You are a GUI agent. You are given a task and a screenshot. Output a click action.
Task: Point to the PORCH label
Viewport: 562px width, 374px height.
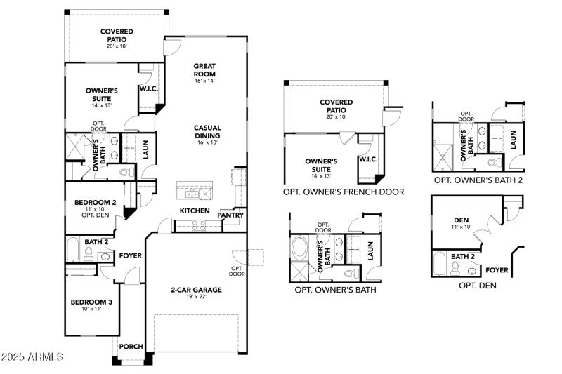pos(131,347)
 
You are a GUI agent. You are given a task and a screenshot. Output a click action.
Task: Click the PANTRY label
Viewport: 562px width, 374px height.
pos(230,215)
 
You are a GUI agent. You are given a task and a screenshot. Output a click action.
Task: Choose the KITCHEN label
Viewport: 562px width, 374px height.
pos(195,211)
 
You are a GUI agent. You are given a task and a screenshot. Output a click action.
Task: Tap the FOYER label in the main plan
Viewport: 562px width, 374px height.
pos(131,256)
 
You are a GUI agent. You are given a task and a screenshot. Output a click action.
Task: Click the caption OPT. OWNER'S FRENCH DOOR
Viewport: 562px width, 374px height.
pos(344,192)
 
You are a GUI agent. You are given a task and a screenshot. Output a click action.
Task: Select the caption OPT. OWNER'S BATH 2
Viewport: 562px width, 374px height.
pos(478,180)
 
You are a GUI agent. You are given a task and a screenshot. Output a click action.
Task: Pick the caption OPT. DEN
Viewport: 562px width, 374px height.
pos(478,286)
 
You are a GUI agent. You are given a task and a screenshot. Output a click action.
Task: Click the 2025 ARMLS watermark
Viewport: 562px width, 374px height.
pos(32,357)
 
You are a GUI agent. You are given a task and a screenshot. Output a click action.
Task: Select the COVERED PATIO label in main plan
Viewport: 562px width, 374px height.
pos(117,35)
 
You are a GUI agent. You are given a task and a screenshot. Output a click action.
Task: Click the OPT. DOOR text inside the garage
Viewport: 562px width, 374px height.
pos(236,269)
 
